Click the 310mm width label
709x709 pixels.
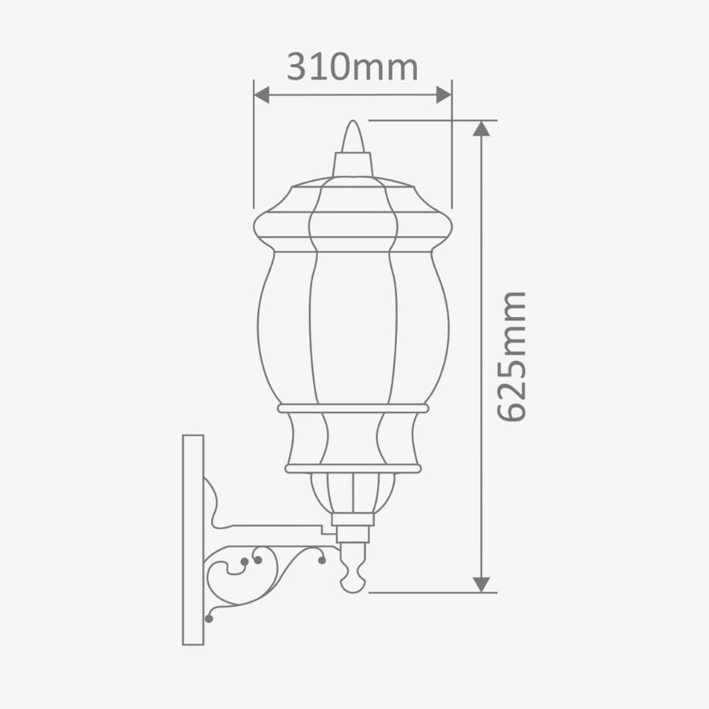coord(352,67)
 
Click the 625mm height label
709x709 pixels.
coord(511,356)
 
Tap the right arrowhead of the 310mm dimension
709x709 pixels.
coord(444,95)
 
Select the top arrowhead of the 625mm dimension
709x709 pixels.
coord(481,128)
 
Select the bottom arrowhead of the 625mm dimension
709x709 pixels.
coord(481,584)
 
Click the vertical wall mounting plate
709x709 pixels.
coord(193,539)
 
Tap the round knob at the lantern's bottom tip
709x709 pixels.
coord(352,583)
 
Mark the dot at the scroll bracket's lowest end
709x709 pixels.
coord(208,619)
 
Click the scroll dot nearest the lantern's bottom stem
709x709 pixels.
coord(322,560)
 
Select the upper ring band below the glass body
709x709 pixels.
coord(353,408)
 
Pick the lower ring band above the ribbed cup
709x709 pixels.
coord(353,469)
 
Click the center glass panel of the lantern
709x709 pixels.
coord(353,326)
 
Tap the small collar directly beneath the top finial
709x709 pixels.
coord(353,164)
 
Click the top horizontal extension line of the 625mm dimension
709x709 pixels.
coord(425,121)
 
